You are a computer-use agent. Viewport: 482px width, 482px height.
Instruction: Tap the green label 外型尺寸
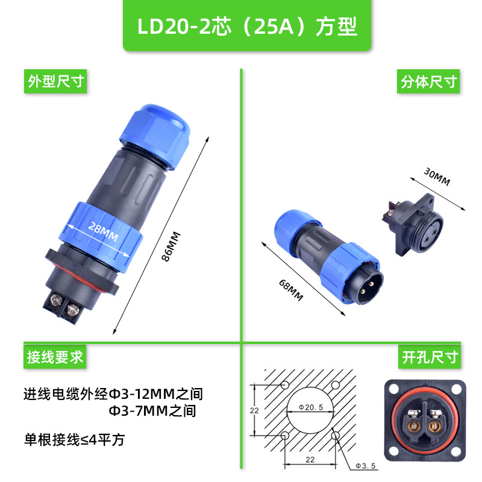(55, 81)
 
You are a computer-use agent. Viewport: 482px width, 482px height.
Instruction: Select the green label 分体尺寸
(429, 81)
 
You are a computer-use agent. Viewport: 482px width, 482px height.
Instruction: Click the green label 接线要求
(55, 357)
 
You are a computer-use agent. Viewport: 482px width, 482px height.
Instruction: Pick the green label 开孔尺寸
(429, 357)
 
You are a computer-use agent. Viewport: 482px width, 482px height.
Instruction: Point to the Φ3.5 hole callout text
(365, 466)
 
